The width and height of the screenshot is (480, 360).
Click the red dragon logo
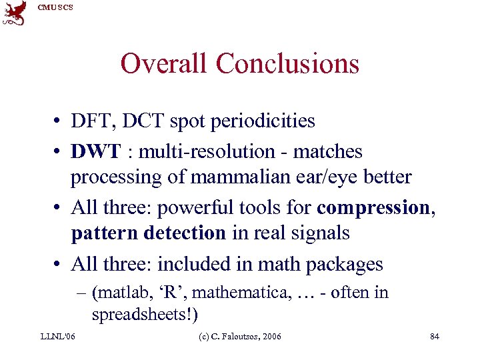pos(15,13)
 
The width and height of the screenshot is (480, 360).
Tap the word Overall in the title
pos(165,64)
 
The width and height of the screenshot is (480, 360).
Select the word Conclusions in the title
pos(288,64)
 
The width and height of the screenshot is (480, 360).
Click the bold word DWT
pos(96,152)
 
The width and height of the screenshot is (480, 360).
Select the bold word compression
pos(374,207)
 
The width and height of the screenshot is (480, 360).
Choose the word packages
pos(345,265)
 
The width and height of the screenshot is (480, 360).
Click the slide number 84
pos(435,337)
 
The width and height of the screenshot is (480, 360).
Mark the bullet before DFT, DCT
pos(59,122)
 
